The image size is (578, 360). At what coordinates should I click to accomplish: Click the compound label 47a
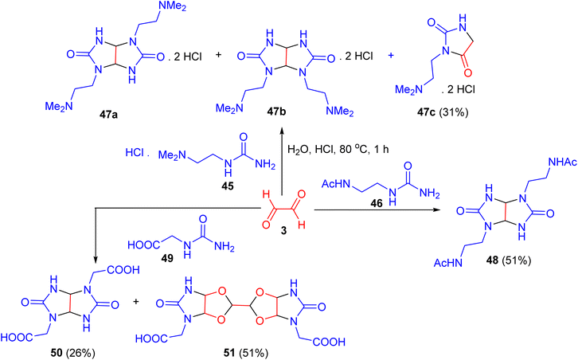[108, 115]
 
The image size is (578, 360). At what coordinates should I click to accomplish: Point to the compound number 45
[228, 186]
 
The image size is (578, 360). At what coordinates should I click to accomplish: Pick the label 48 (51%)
[509, 260]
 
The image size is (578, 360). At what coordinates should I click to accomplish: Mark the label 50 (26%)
[73, 353]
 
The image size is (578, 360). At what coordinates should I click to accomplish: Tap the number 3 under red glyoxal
[283, 230]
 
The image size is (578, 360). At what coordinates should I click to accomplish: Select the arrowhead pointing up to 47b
[282, 132]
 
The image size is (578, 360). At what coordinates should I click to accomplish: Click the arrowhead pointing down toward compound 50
[96, 259]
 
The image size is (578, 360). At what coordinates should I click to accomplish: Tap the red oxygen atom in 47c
[467, 72]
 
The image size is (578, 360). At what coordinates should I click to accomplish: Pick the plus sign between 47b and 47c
[390, 56]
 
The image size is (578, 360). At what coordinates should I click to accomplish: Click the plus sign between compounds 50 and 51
[136, 302]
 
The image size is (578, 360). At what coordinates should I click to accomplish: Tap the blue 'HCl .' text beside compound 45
[137, 152]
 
